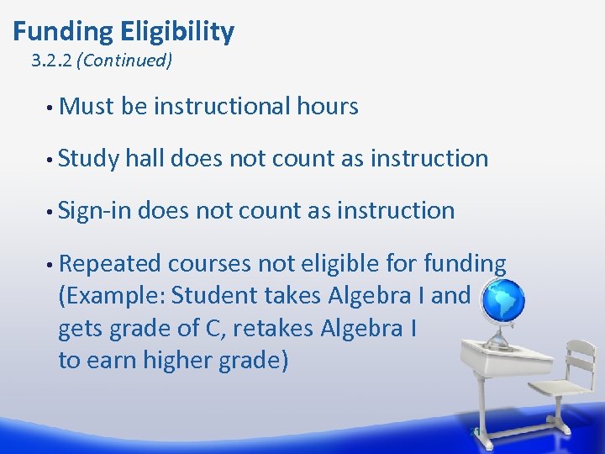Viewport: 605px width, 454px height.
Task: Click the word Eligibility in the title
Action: click(x=177, y=32)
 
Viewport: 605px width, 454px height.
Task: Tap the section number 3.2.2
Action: click(x=51, y=61)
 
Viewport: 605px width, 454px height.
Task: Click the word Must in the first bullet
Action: click(x=87, y=107)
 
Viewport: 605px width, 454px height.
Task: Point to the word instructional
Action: click(x=222, y=107)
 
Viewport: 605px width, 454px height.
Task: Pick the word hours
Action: click(x=328, y=107)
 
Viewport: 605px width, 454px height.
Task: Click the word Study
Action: click(x=88, y=159)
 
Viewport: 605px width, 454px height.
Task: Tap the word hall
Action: click(x=146, y=158)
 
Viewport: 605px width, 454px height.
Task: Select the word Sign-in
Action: click(x=94, y=211)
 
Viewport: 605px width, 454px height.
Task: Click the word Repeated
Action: click(x=110, y=264)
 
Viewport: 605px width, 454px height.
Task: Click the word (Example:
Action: click(x=111, y=296)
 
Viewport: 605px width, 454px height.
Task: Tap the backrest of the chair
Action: click(x=581, y=361)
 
